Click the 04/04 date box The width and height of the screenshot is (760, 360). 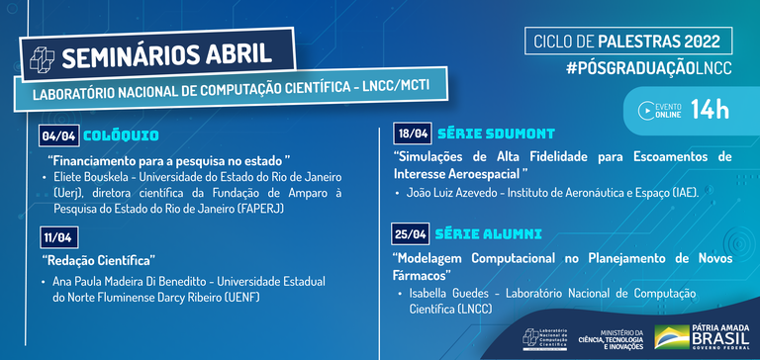tap(56, 135)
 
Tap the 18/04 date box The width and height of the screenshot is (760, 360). tap(412, 134)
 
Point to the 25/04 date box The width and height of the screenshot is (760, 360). tap(412, 234)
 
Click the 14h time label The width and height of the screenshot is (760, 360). tap(710, 110)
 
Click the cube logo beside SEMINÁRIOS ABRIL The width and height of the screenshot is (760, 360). tap(43, 57)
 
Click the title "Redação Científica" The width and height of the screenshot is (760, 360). tap(99, 260)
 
